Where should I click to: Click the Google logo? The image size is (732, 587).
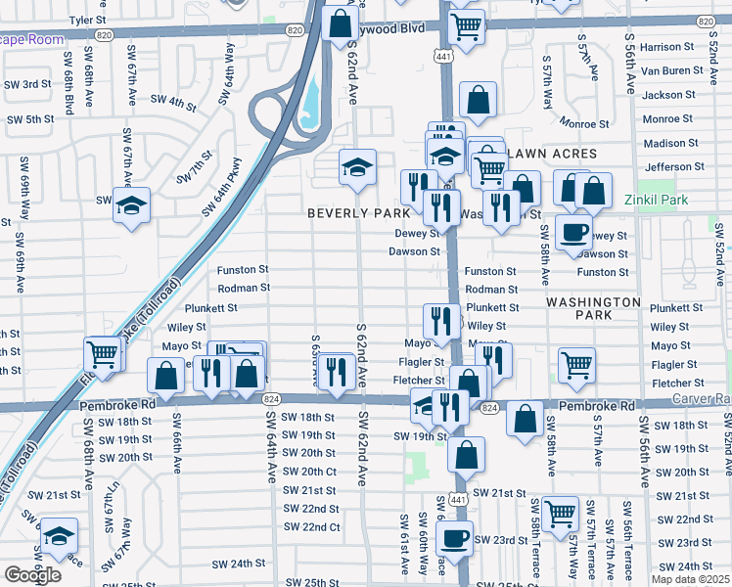tap(32, 575)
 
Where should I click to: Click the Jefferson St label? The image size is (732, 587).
tap(675, 167)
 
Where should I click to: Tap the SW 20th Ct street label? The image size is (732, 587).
tap(310, 472)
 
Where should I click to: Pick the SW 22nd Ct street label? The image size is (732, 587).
tap(312, 527)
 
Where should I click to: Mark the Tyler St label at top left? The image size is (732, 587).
tap(87, 19)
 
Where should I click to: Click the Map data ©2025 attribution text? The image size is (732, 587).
tap(690, 579)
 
